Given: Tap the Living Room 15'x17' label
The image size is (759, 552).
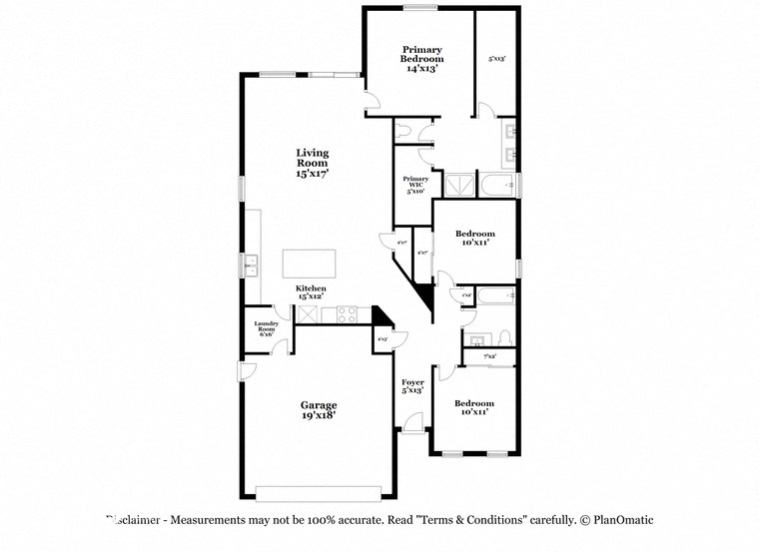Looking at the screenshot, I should [312, 163].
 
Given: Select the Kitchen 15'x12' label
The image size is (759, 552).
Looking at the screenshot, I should [310, 291].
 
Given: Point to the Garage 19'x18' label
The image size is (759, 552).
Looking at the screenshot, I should [319, 409].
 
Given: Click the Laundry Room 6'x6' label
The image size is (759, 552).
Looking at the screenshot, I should [266, 328].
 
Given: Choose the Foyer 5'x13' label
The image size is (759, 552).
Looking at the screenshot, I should [412, 386].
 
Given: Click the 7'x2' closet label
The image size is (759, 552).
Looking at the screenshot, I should [489, 356].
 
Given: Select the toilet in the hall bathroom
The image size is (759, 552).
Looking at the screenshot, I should [504, 336].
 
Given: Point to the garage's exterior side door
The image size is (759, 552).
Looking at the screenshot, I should [247, 371].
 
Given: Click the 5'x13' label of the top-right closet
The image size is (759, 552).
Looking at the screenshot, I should [496, 59].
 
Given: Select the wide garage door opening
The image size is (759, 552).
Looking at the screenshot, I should [319, 492].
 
